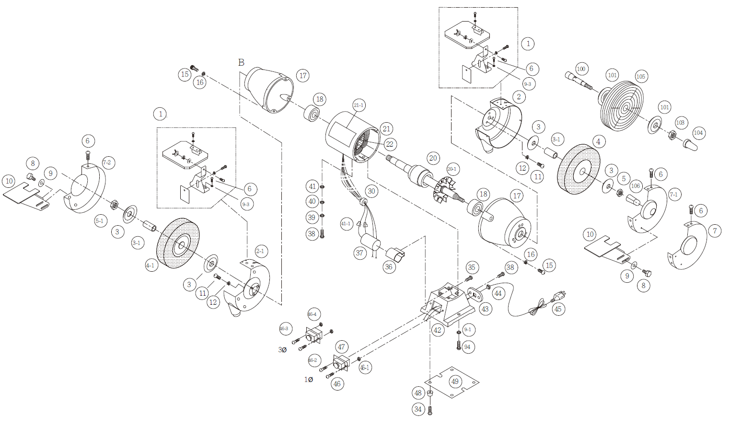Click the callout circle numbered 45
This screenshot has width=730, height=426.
point(558,309)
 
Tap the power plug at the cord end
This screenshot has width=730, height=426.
point(559,296)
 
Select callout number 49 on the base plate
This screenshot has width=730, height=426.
point(455,381)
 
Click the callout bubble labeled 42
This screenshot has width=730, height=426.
point(437,330)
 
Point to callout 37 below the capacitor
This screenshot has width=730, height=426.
point(360,253)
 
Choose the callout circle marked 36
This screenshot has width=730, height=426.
point(389,267)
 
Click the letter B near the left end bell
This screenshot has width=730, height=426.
point(241,63)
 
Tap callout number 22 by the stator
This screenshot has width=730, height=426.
point(389,144)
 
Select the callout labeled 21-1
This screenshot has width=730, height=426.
point(359,105)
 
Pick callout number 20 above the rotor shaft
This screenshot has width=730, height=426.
point(433,158)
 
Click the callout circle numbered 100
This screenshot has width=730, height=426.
point(581,69)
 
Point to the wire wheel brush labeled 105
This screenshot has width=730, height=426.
point(621,105)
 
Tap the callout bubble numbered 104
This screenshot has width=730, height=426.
point(698,133)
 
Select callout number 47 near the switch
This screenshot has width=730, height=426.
point(341,347)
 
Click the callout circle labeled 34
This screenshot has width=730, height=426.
point(418,409)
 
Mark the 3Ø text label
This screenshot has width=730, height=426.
point(282,350)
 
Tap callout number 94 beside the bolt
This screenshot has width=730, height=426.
point(467,347)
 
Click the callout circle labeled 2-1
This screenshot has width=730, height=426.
point(260,251)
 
